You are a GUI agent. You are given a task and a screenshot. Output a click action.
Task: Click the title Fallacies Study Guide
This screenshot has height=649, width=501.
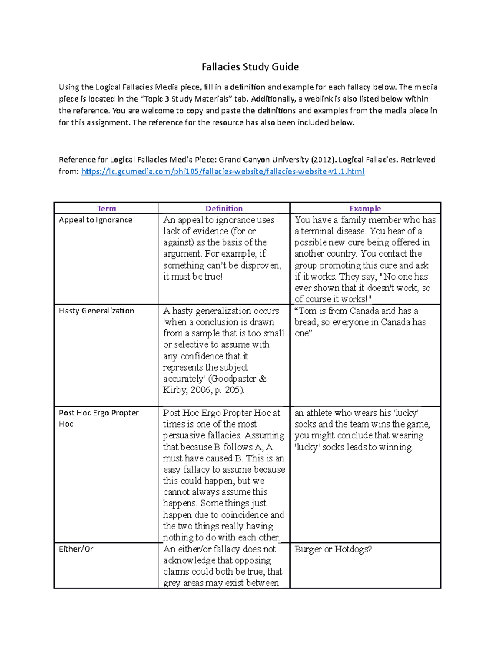(250, 67)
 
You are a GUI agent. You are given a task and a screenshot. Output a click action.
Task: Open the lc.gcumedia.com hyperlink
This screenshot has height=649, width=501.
(223, 171)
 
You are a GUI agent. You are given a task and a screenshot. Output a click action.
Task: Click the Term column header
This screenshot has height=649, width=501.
(106, 209)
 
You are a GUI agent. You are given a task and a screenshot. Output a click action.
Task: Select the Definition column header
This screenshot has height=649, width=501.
(224, 209)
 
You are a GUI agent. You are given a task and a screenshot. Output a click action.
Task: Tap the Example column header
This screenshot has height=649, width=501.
(365, 209)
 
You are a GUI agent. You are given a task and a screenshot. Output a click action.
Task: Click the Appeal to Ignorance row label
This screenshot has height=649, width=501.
(95, 220)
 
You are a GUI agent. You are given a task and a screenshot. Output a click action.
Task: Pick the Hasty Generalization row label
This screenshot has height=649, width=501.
(96, 311)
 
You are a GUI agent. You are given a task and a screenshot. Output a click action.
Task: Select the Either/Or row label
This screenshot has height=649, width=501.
(76, 549)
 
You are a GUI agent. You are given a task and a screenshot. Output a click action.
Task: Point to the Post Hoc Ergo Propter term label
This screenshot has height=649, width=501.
(99, 413)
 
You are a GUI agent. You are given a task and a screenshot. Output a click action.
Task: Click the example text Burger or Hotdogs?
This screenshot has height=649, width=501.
(333, 549)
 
